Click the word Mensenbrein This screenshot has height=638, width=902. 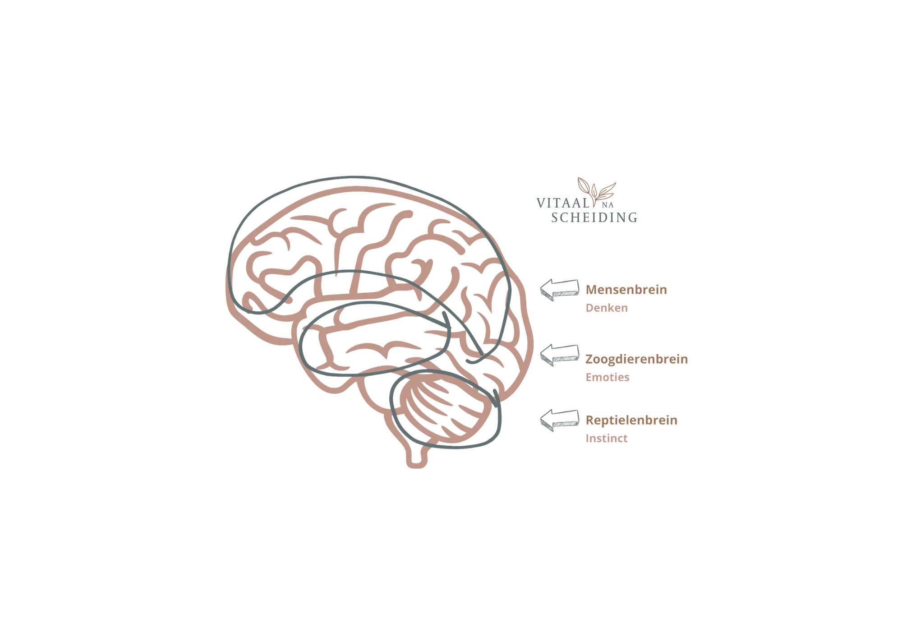tap(626, 290)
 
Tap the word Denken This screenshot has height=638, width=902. tap(607, 308)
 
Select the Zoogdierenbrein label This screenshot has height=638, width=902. tap(636, 360)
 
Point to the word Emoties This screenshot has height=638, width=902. tap(607, 377)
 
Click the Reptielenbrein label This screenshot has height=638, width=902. tap(631, 421)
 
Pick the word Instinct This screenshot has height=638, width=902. tap(607, 438)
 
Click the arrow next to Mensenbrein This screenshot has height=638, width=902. tap(560, 290)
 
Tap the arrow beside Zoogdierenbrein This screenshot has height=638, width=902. tap(560, 355)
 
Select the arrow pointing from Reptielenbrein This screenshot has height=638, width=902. tap(560, 421)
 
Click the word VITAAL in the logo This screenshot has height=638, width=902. tap(563, 203)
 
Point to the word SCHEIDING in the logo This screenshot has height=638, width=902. tap(594, 217)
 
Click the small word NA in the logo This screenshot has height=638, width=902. tap(607, 205)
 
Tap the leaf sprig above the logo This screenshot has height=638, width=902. tap(596, 191)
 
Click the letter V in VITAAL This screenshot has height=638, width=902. tap(541, 203)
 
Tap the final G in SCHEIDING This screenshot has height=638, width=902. tap(633, 217)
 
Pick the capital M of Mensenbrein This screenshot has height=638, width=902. tap(592, 290)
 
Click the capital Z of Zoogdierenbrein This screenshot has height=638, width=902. tap(589, 359)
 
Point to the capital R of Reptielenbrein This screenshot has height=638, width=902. tap(590, 421)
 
